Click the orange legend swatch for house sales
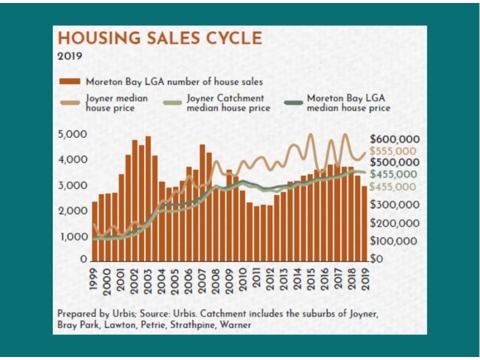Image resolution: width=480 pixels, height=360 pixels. (x=69, y=81)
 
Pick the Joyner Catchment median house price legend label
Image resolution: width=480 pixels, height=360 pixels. (x=229, y=103)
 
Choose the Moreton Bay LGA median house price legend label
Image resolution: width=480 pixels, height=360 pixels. (x=349, y=103)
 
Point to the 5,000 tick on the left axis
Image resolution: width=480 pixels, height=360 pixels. (x=73, y=134)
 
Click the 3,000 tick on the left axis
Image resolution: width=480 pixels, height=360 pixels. (x=73, y=185)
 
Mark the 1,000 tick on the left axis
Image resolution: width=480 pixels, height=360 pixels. (x=73, y=236)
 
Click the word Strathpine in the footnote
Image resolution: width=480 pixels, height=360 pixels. (x=185, y=325)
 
